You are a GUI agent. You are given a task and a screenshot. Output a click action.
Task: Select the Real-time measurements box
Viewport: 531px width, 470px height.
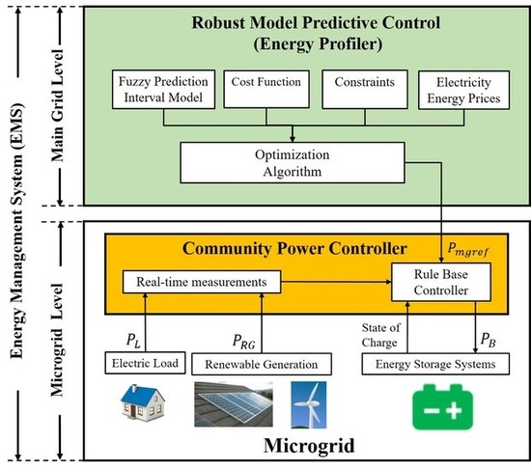(201, 281)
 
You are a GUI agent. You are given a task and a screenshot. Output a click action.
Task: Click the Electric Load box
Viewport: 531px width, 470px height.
(142, 364)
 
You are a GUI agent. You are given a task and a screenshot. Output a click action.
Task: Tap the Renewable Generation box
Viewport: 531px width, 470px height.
(261, 364)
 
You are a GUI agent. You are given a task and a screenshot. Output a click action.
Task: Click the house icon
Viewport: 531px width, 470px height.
(142, 404)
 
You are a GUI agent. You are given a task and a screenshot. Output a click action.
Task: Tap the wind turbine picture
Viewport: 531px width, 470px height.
(309, 404)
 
